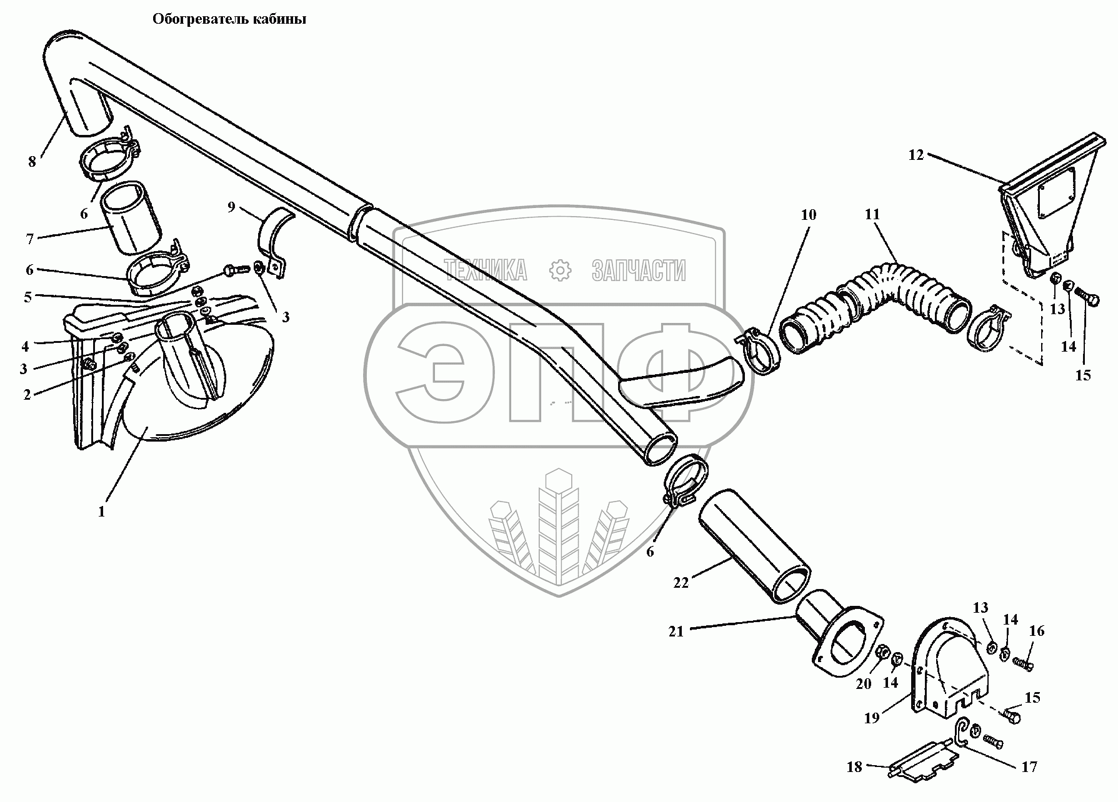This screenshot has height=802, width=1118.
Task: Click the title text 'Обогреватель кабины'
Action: tap(229, 19)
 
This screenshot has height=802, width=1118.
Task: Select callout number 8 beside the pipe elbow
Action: tap(32, 162)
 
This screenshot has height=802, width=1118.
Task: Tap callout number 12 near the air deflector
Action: tap(916, 156)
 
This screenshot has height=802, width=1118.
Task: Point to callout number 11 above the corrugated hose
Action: tap(872, 215)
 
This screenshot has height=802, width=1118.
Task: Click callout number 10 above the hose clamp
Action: tap(808, 215)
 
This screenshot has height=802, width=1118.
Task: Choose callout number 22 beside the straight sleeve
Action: tap(681, 582)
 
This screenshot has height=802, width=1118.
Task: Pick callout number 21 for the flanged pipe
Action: tap(676, 631)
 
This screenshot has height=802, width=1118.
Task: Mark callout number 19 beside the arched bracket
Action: tap(871, 718)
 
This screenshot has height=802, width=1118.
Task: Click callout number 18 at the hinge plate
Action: tap(854, 766)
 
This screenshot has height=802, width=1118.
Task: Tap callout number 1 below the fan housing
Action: tap(101, 512)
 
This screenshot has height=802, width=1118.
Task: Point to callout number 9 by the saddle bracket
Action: tap(231, 207)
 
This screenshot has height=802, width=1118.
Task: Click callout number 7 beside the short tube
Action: tap(29, 238)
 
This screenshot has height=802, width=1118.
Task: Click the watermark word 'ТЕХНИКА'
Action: tap(485, 270)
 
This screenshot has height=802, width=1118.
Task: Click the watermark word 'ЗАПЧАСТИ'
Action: tap(638, 270)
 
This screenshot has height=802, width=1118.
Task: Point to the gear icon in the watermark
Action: tap(560, 270)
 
